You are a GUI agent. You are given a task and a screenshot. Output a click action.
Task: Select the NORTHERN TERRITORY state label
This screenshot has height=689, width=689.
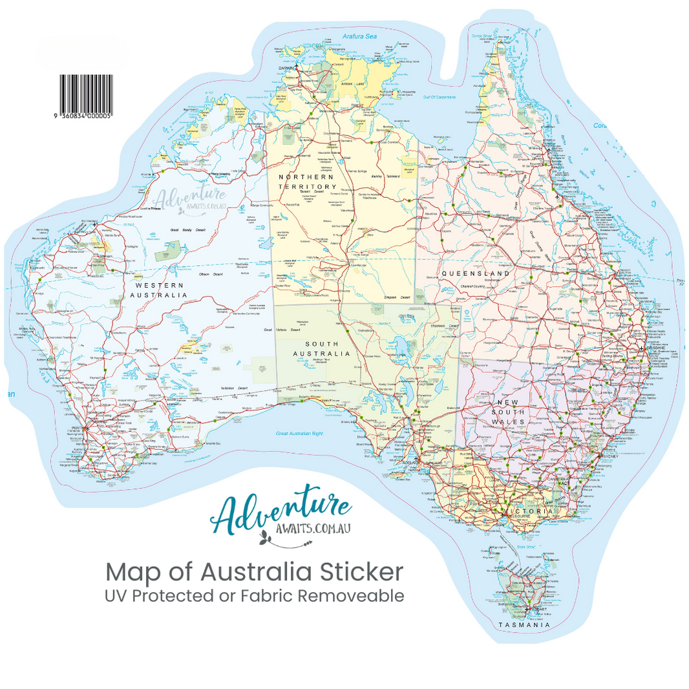[306, 181]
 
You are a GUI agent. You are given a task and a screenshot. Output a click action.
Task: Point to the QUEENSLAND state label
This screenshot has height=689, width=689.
[476, 274]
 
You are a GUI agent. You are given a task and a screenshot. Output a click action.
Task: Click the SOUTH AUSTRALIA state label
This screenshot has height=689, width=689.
[321, 348]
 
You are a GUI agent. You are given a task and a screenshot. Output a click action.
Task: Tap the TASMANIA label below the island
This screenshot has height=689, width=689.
[524, 625]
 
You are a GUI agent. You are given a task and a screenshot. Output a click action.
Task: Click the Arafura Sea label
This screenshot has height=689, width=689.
[360, 36]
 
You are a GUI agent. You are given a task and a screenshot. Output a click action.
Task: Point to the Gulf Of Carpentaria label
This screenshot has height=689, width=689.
[439, 97]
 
